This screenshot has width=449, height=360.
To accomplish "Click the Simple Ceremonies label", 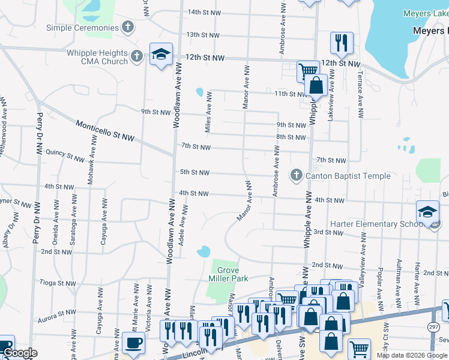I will pyautogui.click(x=82, y=28).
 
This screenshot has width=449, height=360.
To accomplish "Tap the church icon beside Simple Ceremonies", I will pyautogui.click(x=127, y=27).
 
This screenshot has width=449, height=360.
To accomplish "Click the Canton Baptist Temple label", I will pyautogui.click(x=348, y=176).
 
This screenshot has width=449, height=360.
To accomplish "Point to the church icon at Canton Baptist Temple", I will pyautogui.click(x=296, y=176).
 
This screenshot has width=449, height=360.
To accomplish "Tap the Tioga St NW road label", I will pyautogui.click(x=56, y=282).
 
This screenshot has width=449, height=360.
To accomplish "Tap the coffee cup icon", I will pyautogui.click(x=133, y=344).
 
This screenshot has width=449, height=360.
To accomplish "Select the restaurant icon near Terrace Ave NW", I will pyautogui.click(x=341, y=43).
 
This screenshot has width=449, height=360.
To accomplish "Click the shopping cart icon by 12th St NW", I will pyautogui.click(x=307, y=70).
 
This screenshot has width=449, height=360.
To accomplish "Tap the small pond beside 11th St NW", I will pyautogui.click(x=199, y=92).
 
